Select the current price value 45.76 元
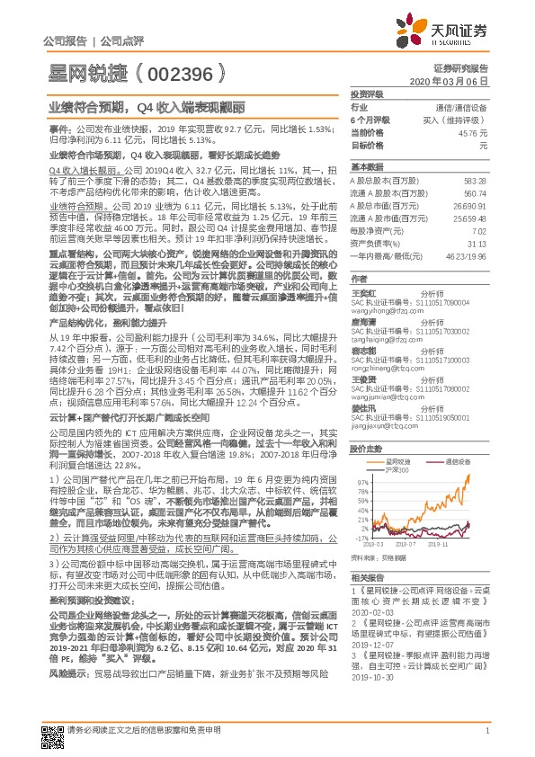click(x=471, y=131)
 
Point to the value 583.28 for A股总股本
click(x=474, y=180)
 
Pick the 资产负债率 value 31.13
click(x=476, y=243)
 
